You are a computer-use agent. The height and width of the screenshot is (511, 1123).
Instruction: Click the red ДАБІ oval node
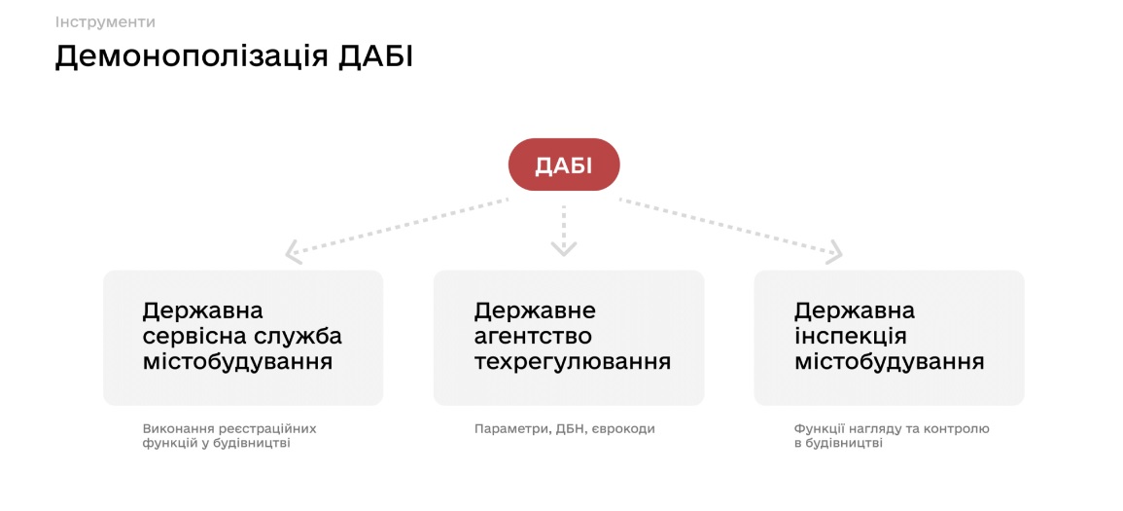click(564, 164)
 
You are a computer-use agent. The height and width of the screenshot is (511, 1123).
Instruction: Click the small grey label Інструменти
click(105, 22)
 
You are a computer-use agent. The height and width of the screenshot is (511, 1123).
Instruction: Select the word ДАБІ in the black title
click(376, 56)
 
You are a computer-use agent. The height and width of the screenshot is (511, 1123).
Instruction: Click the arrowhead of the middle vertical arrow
click(564, 249)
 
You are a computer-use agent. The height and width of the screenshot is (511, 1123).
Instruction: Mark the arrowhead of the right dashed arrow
click(835, 251)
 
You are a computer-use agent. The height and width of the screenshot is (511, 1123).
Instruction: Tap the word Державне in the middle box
click(535, 311)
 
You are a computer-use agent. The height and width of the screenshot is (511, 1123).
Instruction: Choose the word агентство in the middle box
click(533, 337)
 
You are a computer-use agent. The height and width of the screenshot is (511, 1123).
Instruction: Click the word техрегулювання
click(573, 361)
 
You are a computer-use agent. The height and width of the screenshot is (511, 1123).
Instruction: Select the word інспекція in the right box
click(851, 337)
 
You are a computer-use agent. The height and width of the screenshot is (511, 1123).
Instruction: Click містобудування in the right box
click(889, 361)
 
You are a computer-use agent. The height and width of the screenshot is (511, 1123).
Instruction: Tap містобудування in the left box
click(237, 361)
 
